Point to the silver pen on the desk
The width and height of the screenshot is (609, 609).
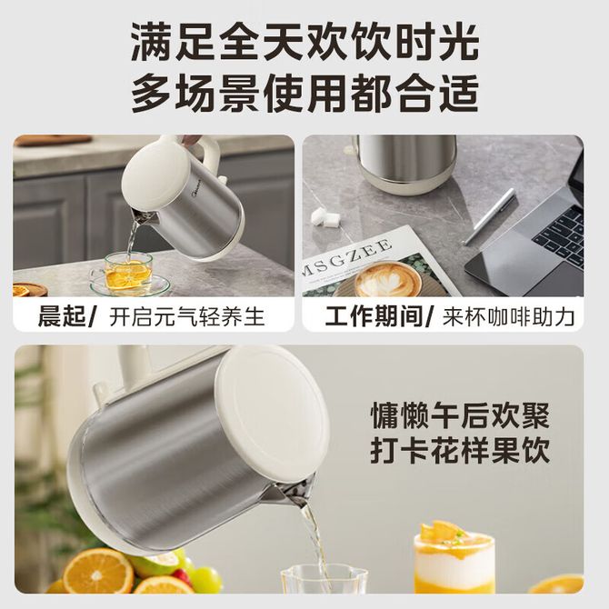tap(490, 216)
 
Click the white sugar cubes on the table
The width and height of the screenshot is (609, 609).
tap(325, 216)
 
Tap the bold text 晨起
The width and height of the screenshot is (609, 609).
tap(62, 316)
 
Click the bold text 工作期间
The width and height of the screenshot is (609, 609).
tap(374, 316)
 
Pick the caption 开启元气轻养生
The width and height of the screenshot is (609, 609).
tap(187, 316)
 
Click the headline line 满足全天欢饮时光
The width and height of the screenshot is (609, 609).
tap(304, 41)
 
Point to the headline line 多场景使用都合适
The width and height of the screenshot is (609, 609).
tap(304, 93)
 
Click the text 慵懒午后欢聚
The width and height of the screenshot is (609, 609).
tap(460, 416)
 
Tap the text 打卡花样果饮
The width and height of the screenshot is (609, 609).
tap(460, 451)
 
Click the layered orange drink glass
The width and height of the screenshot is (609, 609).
tap(454, 559)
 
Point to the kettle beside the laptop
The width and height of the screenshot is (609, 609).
tap(406, 164)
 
